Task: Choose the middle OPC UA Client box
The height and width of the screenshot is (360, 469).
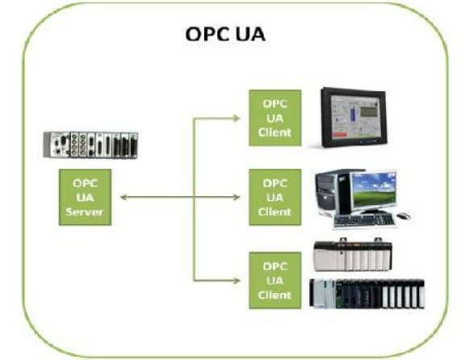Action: point(276,197)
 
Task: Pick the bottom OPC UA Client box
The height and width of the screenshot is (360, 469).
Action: point(276,280)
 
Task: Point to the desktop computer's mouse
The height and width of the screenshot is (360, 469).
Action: point(401,216)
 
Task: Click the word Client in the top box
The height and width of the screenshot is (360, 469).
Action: point(276,132)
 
